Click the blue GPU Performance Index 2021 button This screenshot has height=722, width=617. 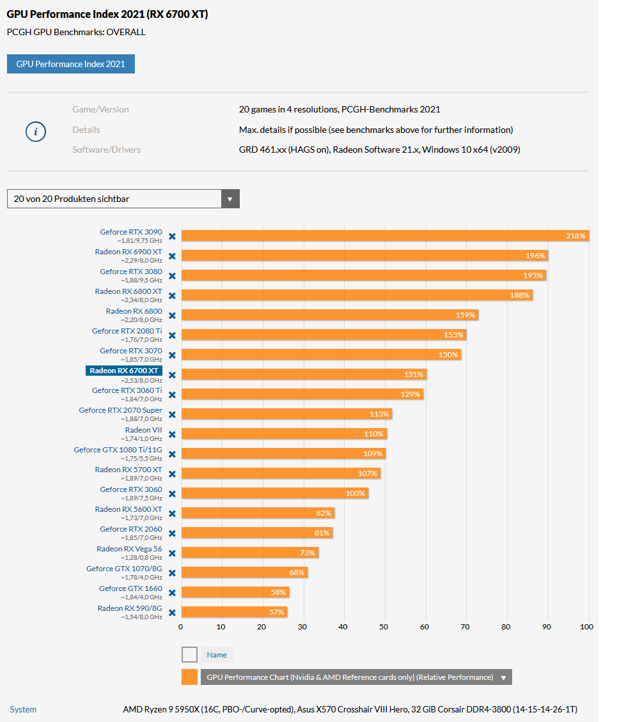71,64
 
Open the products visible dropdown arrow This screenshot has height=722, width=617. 230,199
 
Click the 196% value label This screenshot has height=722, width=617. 536,256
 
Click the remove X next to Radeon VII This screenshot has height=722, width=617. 172,434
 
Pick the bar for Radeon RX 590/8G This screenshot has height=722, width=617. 234,612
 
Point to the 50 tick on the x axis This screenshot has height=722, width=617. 384,627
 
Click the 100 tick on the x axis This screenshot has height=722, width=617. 587,627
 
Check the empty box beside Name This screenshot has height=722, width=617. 189,654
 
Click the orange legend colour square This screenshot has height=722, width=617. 189,677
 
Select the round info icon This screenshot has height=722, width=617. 35,132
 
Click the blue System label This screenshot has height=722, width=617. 23,709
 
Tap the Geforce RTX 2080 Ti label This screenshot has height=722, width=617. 127,331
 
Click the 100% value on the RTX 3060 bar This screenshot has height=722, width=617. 355,493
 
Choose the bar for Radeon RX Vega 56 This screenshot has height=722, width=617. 249,553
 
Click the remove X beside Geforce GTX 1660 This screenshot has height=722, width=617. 172,592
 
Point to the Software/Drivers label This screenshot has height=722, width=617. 106,150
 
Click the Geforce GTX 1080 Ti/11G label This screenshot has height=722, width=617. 118,450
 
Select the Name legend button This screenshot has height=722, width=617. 217,654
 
